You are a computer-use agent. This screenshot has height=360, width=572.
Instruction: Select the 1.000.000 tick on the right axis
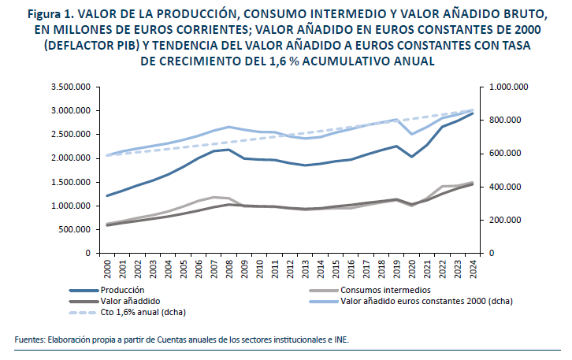(x=508, y=87)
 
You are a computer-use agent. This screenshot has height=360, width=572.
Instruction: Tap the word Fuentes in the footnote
(x=29, y=340)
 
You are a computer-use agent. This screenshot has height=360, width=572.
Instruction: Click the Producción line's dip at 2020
(x=410, y=157)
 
